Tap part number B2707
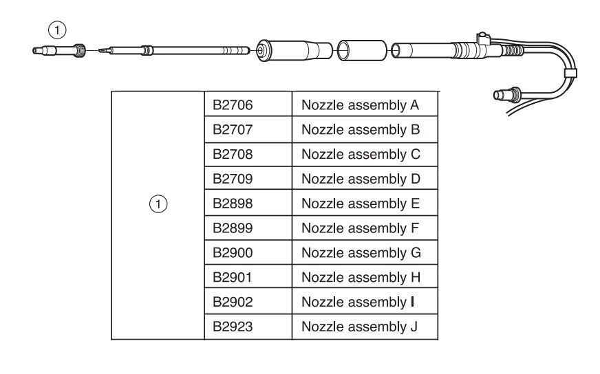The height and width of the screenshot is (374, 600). (231, 129)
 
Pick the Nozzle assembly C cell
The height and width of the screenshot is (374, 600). (361, 154)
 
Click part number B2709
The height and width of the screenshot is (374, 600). (231, 179)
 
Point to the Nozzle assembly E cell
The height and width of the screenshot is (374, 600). (361, 203)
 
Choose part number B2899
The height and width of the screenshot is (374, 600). (231, 228)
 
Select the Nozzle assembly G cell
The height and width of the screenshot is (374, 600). (361, 253)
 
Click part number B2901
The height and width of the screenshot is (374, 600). (231, 278)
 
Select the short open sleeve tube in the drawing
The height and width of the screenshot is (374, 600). (361, 51)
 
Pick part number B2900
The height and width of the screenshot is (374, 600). (231, 253)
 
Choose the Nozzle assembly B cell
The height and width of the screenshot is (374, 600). (361, 129)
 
